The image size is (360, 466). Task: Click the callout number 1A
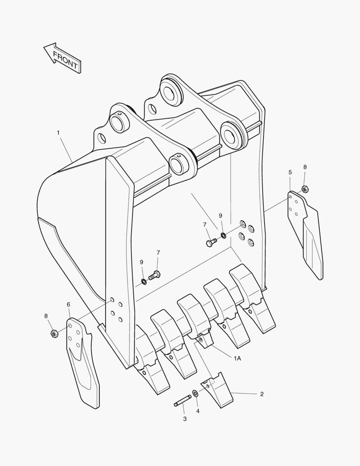pos(237,359)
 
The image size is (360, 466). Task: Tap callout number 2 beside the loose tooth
pos(262,394)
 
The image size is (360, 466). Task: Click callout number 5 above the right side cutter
pos(290,172)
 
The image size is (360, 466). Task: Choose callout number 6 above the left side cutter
pos(69,305)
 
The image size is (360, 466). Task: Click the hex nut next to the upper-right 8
pos(305,189)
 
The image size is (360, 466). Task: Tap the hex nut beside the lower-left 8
pos(54,334)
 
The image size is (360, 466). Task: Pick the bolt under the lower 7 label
pos(154,275)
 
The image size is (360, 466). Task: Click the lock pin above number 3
pos(182,400)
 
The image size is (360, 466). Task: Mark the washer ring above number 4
pos(195,394)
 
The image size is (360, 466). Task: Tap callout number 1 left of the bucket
pos(58,133)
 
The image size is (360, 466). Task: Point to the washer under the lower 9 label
pos(144,281)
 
